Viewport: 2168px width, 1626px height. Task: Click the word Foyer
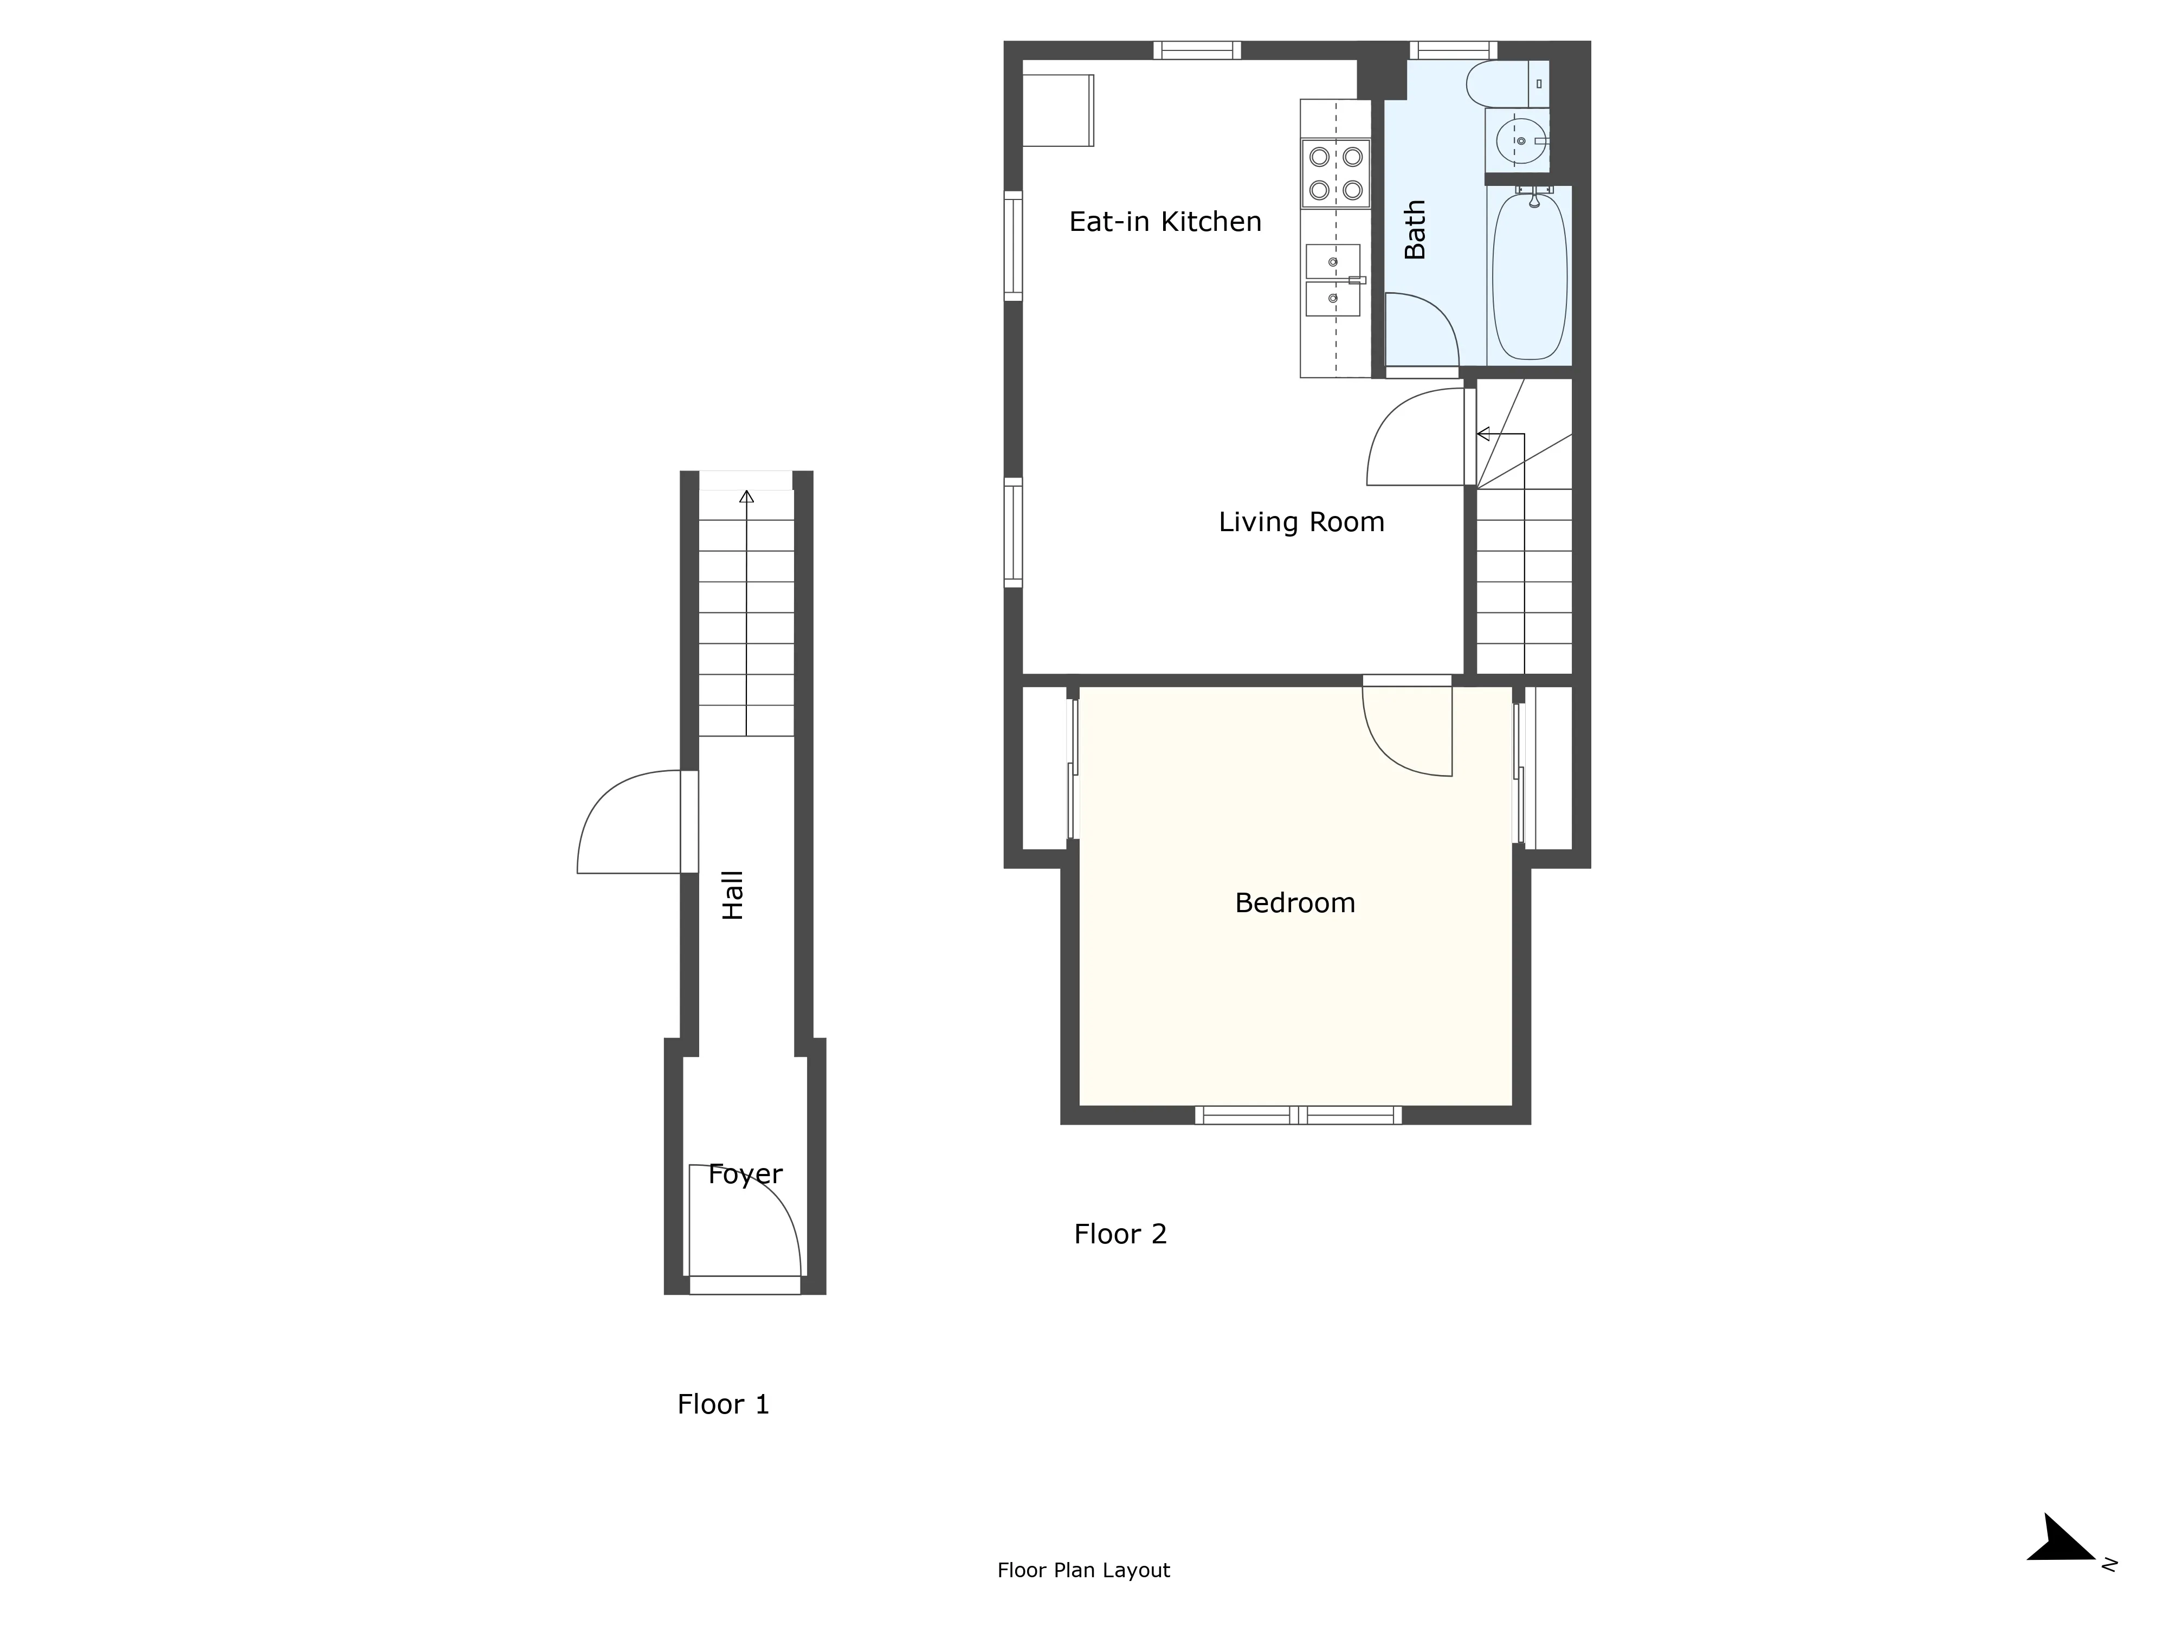point(745,1174)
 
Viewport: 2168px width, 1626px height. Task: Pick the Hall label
point(733,895)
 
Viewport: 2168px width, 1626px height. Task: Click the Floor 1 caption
point(724,1404)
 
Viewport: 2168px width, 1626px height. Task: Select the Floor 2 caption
point(1120,1234)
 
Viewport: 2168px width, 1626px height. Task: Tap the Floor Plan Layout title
point(1083,1570)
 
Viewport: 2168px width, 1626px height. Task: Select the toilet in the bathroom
point(1498,83)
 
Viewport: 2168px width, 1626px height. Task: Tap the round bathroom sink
point(1519,141)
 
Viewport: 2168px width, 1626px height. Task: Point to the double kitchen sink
point(1333,280)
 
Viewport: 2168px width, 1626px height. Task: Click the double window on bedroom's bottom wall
point(1299,1114)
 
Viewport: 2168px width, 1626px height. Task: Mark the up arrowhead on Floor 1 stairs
point(747,497)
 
